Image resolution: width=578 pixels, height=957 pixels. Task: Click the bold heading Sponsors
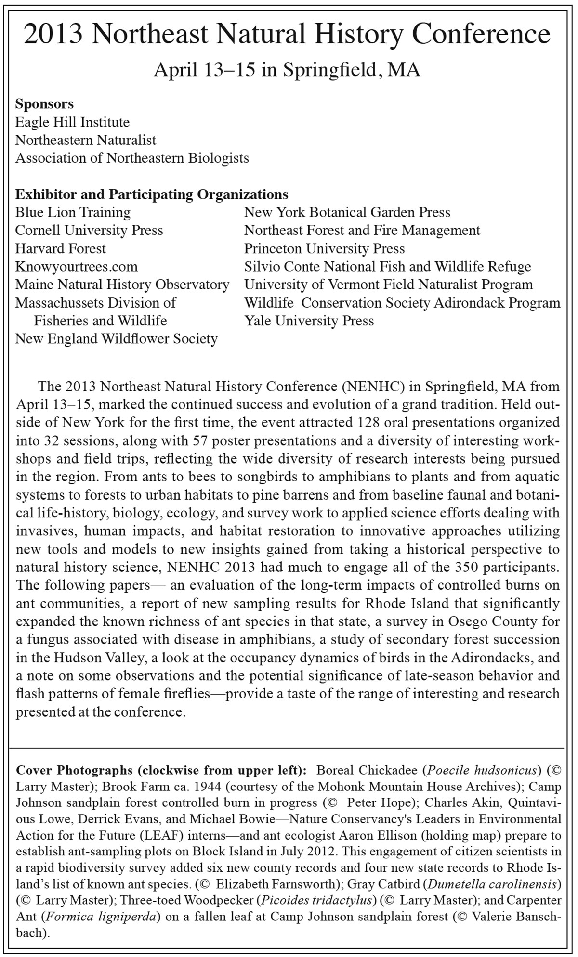click(x=45, y=104)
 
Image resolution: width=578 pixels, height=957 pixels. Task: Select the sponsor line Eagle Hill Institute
click(x=72, y=122)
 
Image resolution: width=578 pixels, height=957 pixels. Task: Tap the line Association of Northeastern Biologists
click(x=132, y=158)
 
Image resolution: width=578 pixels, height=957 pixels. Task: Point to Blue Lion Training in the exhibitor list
click(x=73, y=212)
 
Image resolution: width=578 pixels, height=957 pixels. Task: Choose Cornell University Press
click(x=89, y=231)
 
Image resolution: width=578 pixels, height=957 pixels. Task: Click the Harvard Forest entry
click(x=61, y=248)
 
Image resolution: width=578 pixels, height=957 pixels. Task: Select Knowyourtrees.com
click(x=77, y=267)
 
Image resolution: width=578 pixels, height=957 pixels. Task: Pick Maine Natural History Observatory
click(x=122, y=285)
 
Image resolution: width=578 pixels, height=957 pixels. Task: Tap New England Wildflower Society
click(x=117, y=339)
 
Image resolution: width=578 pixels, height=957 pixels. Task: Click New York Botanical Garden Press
click(x=347, y=212)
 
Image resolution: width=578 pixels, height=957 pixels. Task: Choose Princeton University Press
click(x=325, y=248)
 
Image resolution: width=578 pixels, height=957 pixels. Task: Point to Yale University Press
click(x=309, y=321)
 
